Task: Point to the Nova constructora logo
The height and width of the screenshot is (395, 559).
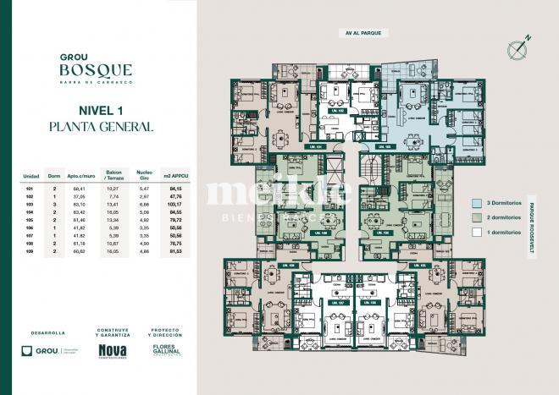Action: click(113, 351)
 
